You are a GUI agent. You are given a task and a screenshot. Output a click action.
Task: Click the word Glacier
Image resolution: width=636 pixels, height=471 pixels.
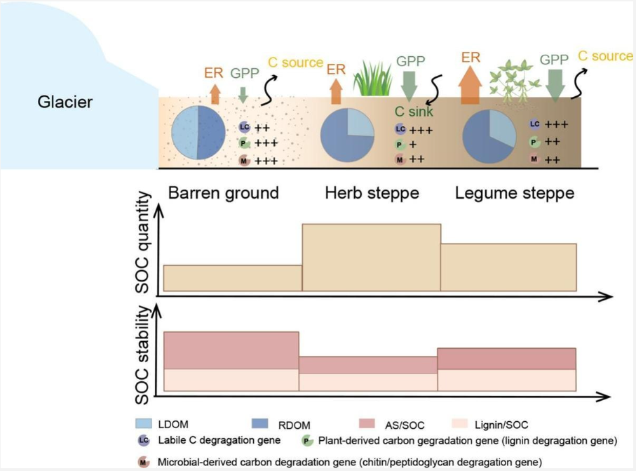pyautogui.click(x=65, y=102)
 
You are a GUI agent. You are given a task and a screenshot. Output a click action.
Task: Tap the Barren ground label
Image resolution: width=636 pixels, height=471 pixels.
pyautogui.click(x=224, y=193)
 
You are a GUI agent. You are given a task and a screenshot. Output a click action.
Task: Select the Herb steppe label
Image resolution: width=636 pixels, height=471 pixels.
pyautogui.click(x=372, y=193)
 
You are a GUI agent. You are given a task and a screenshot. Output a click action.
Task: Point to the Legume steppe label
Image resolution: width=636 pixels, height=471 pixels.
pyautogui.click(x=514, y=193)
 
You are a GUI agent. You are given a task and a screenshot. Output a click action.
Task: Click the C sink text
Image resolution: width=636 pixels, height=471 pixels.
pyautogui.click(x=414, y=111)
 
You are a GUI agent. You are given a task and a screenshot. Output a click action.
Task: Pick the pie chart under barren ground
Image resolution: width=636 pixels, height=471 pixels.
pyautogui.click(x=198, y=133)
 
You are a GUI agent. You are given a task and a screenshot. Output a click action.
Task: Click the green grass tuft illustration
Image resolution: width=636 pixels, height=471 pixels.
pyautogui.click(x=373, y=79)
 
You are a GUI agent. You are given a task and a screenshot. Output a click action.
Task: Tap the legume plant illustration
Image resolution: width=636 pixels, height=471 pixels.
pyautogui.click(x=513, y=81)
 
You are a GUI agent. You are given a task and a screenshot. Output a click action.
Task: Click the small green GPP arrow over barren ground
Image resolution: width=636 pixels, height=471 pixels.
pyautogui.click(x=243, y=95)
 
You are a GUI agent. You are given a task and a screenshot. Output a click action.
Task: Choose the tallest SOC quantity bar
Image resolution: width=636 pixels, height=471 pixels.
pyautogui.click(x=372, y=258)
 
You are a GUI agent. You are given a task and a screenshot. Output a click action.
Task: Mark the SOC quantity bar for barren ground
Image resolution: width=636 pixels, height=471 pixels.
pyautogui.click(x=233, y=278)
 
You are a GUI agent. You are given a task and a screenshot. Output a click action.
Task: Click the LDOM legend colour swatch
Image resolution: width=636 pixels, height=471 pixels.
pyautogui.click(x=144, y=423)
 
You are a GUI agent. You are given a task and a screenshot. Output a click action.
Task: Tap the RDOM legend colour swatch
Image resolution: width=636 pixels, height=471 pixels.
pyautogui.click(x=260, y=423)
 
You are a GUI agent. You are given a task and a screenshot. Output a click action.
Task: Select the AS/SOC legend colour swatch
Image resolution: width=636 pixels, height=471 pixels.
pyautogui.click(x=367, y=423)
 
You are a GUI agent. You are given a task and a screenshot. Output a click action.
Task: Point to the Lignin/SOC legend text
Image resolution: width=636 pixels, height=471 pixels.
pyautogui.click(x=501, y=425)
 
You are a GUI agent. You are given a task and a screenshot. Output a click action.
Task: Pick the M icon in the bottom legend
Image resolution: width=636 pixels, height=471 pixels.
pyautogui.click(x=143, y=462)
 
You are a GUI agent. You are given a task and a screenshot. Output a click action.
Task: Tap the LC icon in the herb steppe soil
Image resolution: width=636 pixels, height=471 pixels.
pyautogui.click(x=400, y=129)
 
